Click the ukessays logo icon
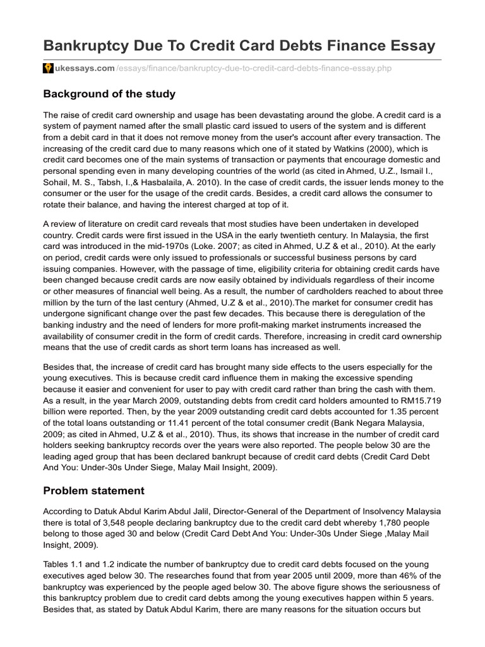[x=48, y=68]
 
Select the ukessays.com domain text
[x=76, y=68]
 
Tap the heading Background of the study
[x=109, y=94]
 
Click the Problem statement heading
[x=93, y=490]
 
